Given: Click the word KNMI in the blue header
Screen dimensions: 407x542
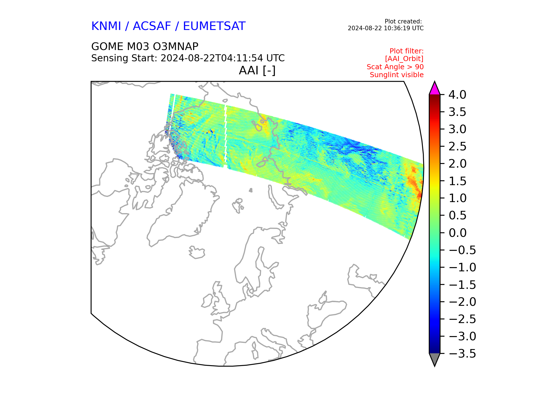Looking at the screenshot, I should click(106, 26).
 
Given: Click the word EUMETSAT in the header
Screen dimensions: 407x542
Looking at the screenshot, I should click(214, 26).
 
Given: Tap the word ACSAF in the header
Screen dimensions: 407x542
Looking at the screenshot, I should click(152, 26).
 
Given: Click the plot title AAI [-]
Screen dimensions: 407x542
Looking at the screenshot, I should click(257, 70).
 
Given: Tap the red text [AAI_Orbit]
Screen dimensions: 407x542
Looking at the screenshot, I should click(404, 59).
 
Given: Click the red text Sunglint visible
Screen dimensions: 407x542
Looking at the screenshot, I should click(397, 75).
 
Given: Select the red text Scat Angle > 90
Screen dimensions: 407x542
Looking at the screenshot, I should click(395, 67).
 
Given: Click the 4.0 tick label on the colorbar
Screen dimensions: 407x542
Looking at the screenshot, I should click(457, 95).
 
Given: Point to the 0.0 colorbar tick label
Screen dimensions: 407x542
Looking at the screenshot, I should click(457, 233).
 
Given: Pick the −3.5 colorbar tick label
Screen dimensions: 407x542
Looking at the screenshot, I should click(462, 354).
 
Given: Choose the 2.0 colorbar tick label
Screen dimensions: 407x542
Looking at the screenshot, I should click(457, 164).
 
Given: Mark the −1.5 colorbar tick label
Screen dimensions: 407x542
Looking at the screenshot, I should click(462, 285).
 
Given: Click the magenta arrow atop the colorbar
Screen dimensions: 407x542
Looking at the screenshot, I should click(434, 88).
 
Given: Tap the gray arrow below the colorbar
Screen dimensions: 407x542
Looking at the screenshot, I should click(434, 359).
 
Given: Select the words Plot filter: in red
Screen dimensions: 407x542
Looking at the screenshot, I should click(406, 51).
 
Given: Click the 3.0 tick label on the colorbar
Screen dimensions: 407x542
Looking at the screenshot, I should click(457, 129).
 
